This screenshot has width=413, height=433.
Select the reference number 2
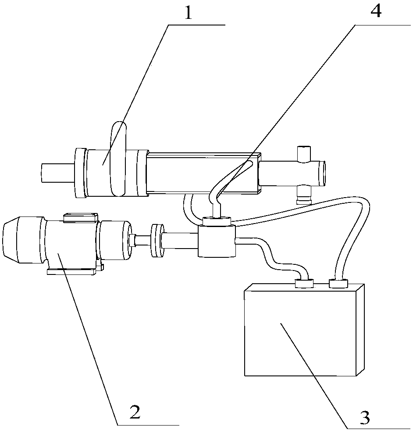[135, 412]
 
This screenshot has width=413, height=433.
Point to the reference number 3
[365, 418]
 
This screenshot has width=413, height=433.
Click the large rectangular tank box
[304, 330]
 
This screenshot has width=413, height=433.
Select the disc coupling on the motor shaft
[157, 240]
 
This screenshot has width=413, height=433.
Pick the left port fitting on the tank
[304, 283]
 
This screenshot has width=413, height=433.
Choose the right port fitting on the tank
[338, 283]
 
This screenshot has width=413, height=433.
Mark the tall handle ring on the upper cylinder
[118, 159]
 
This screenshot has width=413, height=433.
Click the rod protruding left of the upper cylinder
[57, 173]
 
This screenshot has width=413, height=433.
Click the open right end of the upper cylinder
[322, 173]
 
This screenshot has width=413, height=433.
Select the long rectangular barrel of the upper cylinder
[203, 173]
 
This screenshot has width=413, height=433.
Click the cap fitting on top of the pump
[217, 221]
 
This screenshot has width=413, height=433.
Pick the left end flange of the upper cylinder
[80, 173]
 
